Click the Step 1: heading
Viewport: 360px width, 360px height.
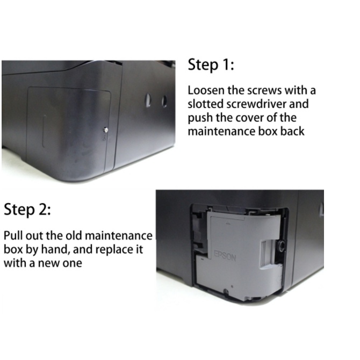coord(211,64)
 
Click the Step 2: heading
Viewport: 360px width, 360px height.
coord(27,210)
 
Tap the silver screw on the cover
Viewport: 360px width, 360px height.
coord(106,130)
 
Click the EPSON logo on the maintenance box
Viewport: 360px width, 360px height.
coord(225,256)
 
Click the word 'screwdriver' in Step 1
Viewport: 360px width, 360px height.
coord(256,104)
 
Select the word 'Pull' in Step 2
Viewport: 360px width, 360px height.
coord(13,235)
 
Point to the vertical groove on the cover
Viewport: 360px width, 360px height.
coord(44,131)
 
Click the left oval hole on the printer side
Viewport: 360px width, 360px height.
coord(148,100)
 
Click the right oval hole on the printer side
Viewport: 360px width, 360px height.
coord(164,102)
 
